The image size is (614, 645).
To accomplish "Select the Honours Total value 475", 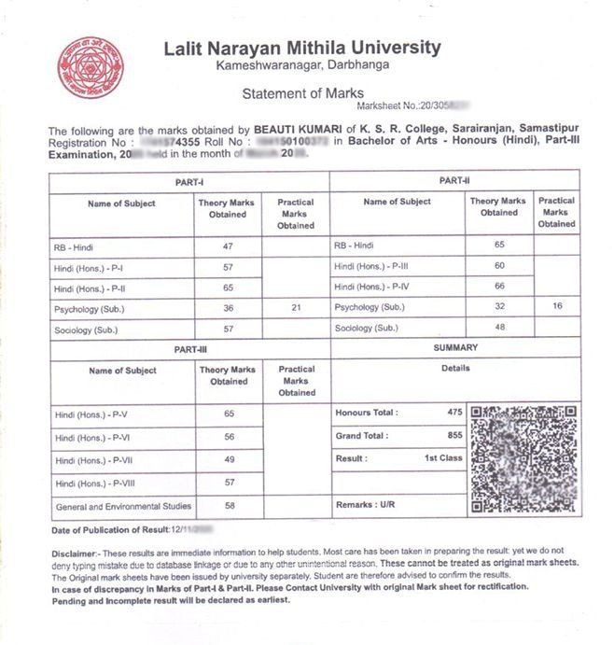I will click(454, 413).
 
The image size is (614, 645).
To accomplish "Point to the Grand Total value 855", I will click(454, 436).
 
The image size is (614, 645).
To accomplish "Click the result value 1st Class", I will click(443, 459).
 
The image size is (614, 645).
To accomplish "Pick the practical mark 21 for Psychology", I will click(297, 308).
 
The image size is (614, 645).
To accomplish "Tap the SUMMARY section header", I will click(455, 347).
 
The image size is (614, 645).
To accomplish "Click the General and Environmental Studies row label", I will click(123, 507).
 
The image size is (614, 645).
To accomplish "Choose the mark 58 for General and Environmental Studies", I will click(229, 505).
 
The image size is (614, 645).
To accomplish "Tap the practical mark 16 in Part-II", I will click(556, 306).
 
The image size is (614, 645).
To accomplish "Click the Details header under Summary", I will click(455, 369).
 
